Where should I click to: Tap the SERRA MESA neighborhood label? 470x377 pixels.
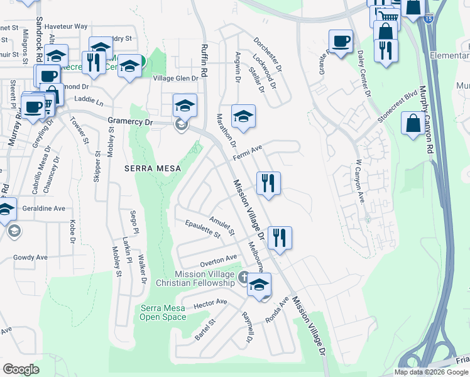153,168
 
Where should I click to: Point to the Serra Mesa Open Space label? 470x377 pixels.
163,312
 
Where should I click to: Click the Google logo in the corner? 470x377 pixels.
21,369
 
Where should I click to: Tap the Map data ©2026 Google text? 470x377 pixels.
431,372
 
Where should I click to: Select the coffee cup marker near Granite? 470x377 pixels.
341,42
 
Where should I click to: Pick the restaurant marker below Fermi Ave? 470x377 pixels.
268,183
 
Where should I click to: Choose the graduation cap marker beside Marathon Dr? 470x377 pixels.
243,116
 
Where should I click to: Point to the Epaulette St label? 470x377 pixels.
202,229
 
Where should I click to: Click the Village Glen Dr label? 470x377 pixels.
176,78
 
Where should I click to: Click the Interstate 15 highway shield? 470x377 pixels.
428,19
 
